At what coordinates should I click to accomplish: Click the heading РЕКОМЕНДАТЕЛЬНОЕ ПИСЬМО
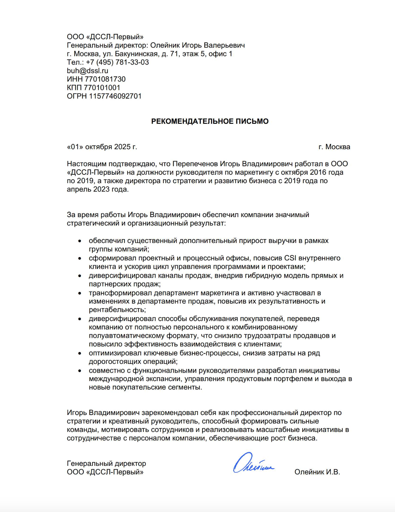[210, 121]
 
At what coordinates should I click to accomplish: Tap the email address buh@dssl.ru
[87, 71]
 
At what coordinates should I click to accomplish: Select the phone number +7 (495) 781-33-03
[117, 62]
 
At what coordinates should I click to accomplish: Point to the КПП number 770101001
[102, 88]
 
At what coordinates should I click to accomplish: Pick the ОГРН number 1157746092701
[115, 96]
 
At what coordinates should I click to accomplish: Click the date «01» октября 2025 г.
[102, 147]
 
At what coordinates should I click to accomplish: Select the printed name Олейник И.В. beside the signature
[317, 472]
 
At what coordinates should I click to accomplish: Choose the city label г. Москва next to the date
[334, 147]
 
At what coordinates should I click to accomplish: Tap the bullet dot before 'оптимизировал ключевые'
[80, 354]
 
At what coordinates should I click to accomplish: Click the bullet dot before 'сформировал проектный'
[80, 258]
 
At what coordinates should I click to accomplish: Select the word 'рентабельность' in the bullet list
[117, 310]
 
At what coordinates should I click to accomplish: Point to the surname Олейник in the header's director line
[165, 45]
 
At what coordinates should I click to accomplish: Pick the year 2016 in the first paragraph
[318, 172]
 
